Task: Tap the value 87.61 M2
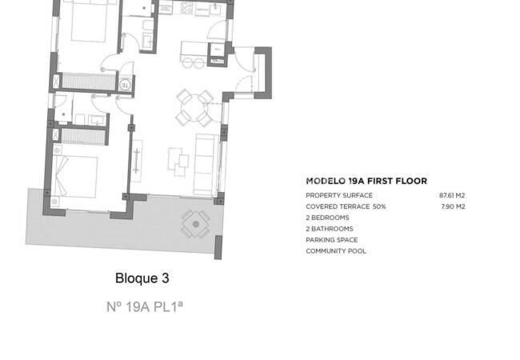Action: (452, 195)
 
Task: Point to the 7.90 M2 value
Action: (454, 206)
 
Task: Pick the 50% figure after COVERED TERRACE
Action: (379, 206)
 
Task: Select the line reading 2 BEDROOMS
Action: (327, 218)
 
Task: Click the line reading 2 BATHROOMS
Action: (329, 229)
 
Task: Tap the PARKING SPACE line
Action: (331, 240)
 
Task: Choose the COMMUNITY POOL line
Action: (336, 251)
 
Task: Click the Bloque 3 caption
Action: (142, 279)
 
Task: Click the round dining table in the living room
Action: (194, 106)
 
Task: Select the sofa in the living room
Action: (206, 162)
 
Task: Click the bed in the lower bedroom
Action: (76, 176)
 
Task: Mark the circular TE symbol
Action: (126, 82)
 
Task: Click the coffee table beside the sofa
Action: (179, 162)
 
